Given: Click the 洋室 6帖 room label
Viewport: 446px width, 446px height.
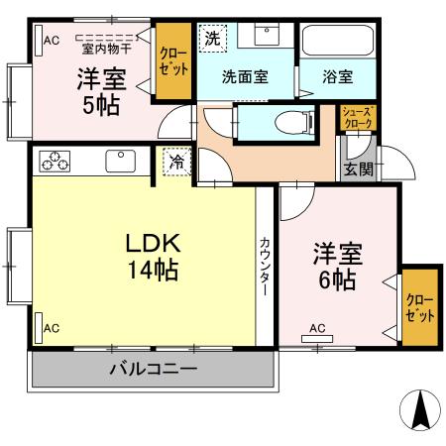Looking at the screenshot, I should [x=335, y=267].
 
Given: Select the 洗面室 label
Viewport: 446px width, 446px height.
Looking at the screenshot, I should [x=243, y=76].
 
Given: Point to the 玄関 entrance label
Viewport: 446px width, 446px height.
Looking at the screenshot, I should [x=359, y=168].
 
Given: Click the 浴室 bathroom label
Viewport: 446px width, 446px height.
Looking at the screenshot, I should [x=337, y=76].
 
